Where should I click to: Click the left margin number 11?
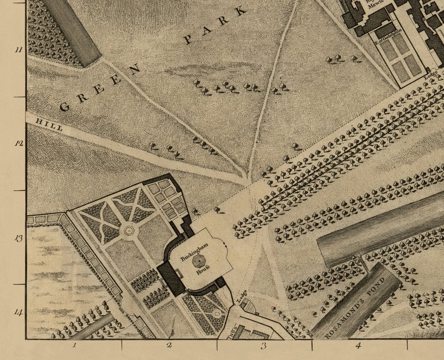(x=18, y=50)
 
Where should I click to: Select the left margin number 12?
(x=18, y=144)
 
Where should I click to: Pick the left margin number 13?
(x=18, y=239)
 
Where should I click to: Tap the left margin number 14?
(x=18, y=312)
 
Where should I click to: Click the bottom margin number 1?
(x=74, y=345)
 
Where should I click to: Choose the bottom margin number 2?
(x=169, y=345)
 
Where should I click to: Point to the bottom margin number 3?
(x=263, y=345)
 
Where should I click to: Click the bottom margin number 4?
(x=358, y=345)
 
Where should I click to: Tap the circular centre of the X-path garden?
(x=129, y=230)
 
